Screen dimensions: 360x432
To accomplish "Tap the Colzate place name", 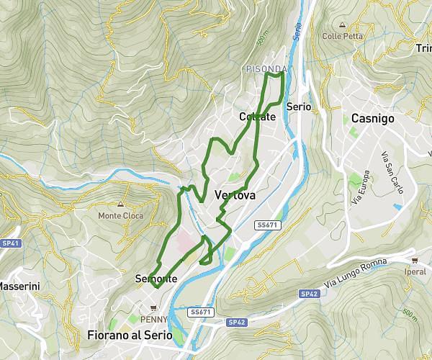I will click(x=257, y=117).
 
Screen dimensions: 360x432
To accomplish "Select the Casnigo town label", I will click(x=372, y=119).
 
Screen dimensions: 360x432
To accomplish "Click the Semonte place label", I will click(x=156, y=279).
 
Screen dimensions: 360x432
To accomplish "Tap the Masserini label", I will click(x=19, y=286).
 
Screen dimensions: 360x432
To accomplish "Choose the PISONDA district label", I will click(x=266, y=69).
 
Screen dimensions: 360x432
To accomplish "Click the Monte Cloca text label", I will click(x=121, y=216).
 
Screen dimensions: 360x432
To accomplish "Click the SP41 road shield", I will click(x=11, y=243).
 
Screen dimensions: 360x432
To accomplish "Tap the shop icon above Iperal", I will click(x=415, y=261).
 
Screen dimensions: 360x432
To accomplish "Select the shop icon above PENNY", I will click(x=153, y=308).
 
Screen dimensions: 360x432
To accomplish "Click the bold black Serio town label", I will click(x=298, y=107).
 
